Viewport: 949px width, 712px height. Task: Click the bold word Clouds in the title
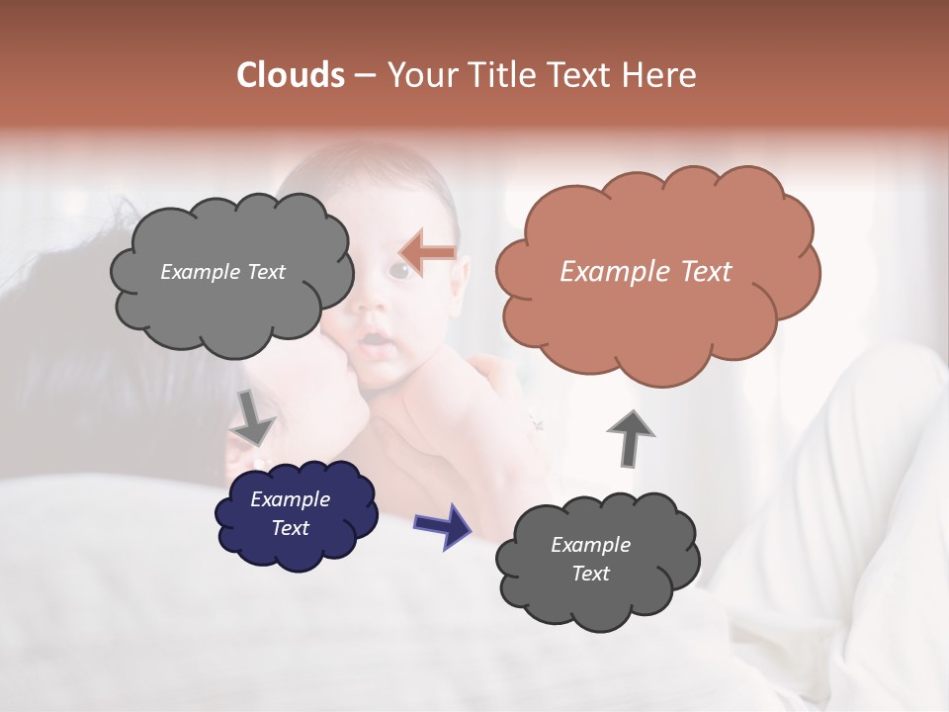[x=290, y=75]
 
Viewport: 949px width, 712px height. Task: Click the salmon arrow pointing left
[x=427, y=252]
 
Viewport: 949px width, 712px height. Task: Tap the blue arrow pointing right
[x=443, y=525]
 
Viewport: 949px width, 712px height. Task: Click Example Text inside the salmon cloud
[x=646, y=272]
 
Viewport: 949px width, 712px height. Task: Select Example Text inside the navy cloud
[x=290, y=514]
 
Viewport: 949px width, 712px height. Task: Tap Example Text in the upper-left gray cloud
[x=222, y=272]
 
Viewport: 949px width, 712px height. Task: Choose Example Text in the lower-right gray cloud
[x=590, y=559]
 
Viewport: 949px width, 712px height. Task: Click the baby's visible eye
[x=402, y=269]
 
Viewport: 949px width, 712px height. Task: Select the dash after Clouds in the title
[x=364, y=76]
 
